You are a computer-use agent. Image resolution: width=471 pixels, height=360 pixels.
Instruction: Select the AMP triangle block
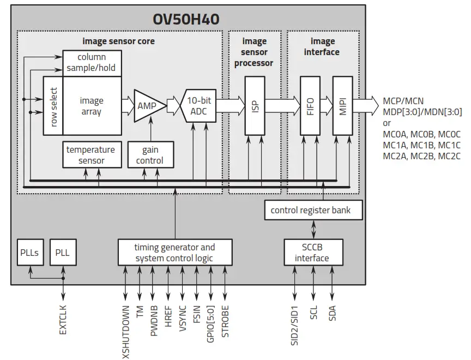148,105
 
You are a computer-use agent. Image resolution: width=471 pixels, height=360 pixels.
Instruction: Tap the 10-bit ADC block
199,105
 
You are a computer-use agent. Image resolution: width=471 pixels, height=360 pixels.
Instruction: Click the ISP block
253,105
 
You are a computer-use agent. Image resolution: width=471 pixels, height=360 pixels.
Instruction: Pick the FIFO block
310,105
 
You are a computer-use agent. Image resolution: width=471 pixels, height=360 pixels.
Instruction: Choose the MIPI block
342,105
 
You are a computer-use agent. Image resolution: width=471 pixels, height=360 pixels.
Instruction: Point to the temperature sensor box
90,155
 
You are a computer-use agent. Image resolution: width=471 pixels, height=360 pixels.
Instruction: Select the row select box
53,106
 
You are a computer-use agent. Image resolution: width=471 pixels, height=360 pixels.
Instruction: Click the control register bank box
313,210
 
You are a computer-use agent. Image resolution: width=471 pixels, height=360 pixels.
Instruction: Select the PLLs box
29,253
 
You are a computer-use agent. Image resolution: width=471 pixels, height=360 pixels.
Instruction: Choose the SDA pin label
331,316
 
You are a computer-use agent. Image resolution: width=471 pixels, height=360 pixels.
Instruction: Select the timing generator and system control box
175,253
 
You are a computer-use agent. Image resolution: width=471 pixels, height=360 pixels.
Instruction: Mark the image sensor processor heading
254,52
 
